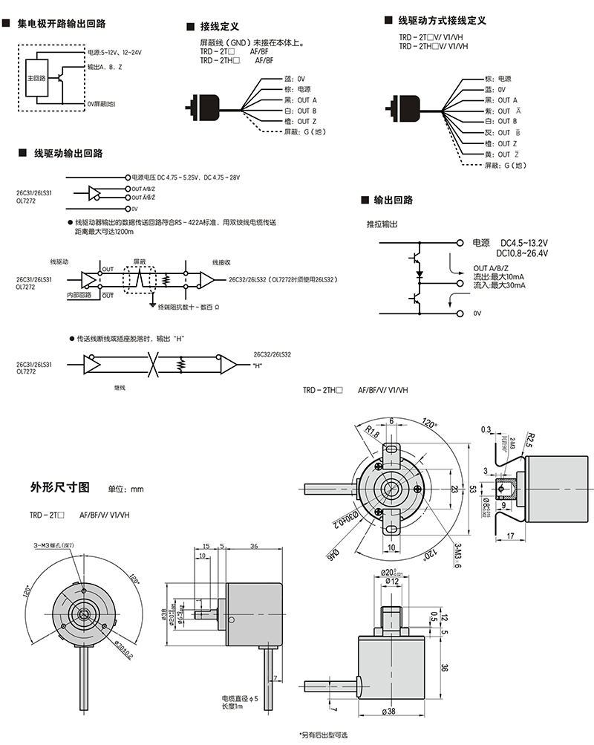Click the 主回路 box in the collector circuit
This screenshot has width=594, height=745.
pyautogui.click(x=36, y=78)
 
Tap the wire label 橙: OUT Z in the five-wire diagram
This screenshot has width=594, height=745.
pyautogui.click(x=300, y=121)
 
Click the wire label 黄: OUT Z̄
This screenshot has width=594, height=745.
pyautogui.click(x=499, y=154)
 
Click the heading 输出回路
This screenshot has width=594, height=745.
pyautogui.click(x=393, y=201)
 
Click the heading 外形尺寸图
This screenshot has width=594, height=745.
pyautogui.click(x=60, y=488)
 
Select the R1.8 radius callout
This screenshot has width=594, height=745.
pyautogui.click(x=372, y=432)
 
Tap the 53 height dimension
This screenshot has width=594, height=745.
pyautogui.click(x=472, y=489)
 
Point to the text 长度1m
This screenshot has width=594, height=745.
pyautogui.click(x=235, y=707)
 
